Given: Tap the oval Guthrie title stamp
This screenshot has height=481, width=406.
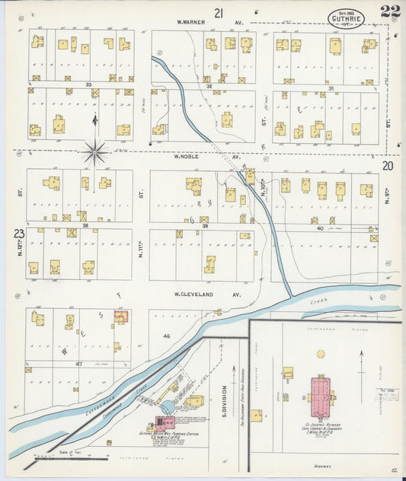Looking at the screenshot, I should tap(346, 19).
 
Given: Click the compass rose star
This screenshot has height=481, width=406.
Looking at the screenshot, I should tap(95, 151).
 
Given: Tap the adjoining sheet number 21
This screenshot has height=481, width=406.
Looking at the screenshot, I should tap(219, 12).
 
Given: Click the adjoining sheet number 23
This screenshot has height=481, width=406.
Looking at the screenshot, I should tap(18, 234).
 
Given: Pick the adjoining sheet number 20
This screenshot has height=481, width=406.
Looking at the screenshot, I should tap(388, 165).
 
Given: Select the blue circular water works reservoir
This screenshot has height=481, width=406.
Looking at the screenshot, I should tap(167, 407).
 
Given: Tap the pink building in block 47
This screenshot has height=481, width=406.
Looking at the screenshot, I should tap(120, 316).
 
